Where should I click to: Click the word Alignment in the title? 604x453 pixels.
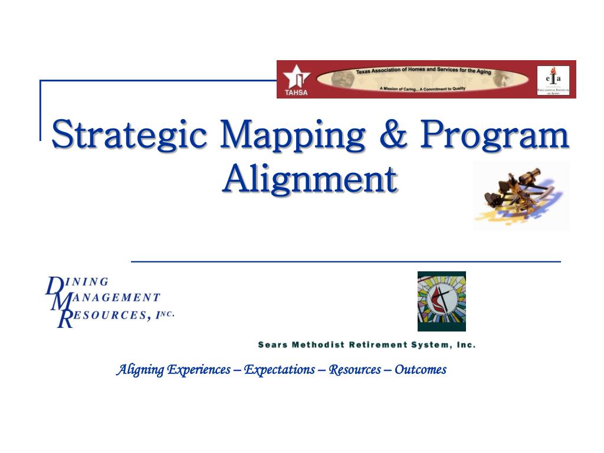pos(309,178)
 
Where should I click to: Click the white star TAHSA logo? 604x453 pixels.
pos(295,78)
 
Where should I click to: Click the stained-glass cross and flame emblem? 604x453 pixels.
pos(441,301)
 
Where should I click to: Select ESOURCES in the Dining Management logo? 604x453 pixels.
pos(110,315)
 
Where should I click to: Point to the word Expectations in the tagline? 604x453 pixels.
pos(280,370)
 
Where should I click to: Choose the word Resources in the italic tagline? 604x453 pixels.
pos(354,370)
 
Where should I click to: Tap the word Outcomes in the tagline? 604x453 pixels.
pos(420,370)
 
